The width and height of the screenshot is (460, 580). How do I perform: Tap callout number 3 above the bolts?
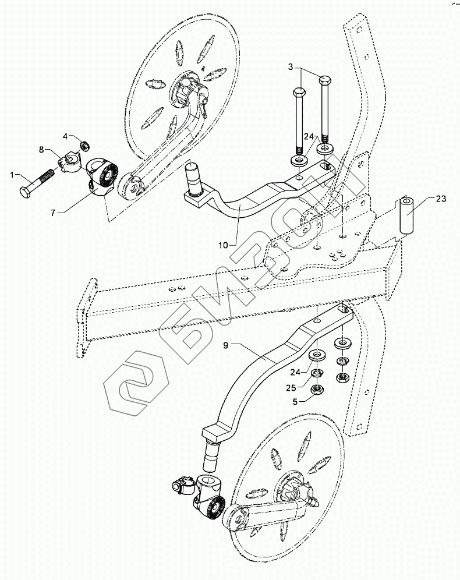291,68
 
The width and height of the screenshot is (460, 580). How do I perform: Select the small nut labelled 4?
83,144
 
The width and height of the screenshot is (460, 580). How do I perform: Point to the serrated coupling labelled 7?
104,176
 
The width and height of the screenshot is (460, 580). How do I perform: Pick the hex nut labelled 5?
318,391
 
